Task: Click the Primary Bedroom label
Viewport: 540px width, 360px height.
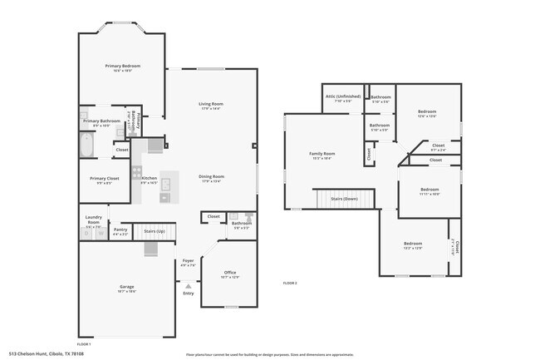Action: pyautogui.click(x=122, y=66)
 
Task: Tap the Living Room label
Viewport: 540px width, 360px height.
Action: pyautogui.click(x=211, y=104)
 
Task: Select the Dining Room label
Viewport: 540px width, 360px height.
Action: pyautogui.click(x=211, y=176)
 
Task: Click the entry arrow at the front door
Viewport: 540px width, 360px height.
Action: pyautogui.click(x=189, y=285)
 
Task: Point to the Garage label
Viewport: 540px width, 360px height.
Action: pyautogui.click(x=126, y=287)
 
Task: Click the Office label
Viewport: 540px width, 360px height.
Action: pyautogui.click(x=230, y=273)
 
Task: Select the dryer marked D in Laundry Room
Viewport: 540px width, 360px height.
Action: pyautogui.click(x=100, y=234)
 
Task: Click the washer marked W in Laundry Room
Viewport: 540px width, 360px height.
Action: pyautogui.click(x=87, y=234)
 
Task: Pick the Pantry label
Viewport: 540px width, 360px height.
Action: pyautogui.click(x=120, y=230)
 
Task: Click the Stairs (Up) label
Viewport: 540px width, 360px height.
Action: pyautogui.click(x=155, y=230)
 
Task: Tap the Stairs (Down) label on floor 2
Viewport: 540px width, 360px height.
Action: pyautogui.click(x=344, y=200)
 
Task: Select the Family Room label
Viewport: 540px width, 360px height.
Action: pyautogui.click(x=322, y=154)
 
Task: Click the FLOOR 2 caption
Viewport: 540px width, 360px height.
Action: pyautogui.click(x=290, y=284)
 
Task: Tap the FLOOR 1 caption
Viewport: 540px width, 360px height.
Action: pyautogui.click(x=84, y=343)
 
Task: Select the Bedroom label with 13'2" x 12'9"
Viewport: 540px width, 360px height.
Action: pyautogui.click(x=413, y=244)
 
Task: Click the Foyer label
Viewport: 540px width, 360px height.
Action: pyautogui.click(x=189, y=261)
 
